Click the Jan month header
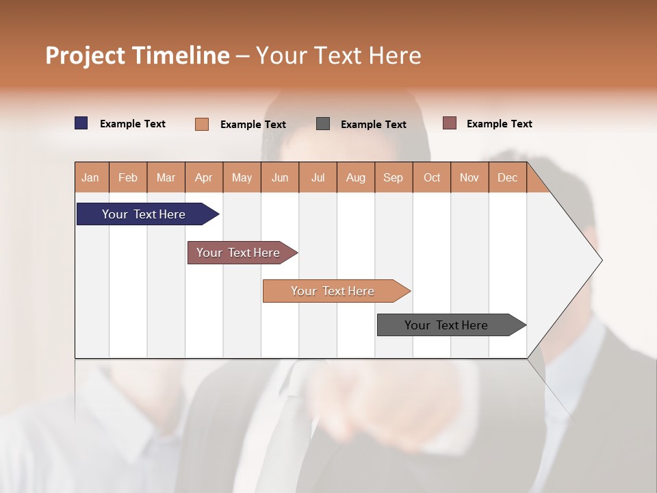click(91, 177)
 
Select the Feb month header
click(128, 177)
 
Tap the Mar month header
click(166, 177)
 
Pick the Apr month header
click(204, 177)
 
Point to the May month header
click(242, 177)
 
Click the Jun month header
click(280, 177)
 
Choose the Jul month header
click(318, 177)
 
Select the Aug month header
click(356, 177)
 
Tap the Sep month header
click(394, 177)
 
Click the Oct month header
click(432, 177)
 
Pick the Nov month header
click(469, 177)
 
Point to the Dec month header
click(507, 177)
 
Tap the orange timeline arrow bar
click(333, 291)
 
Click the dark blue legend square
click(81, 123)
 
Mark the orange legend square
click(202, 124)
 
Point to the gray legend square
click(323, 124)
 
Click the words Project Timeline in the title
click(138, 55)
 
